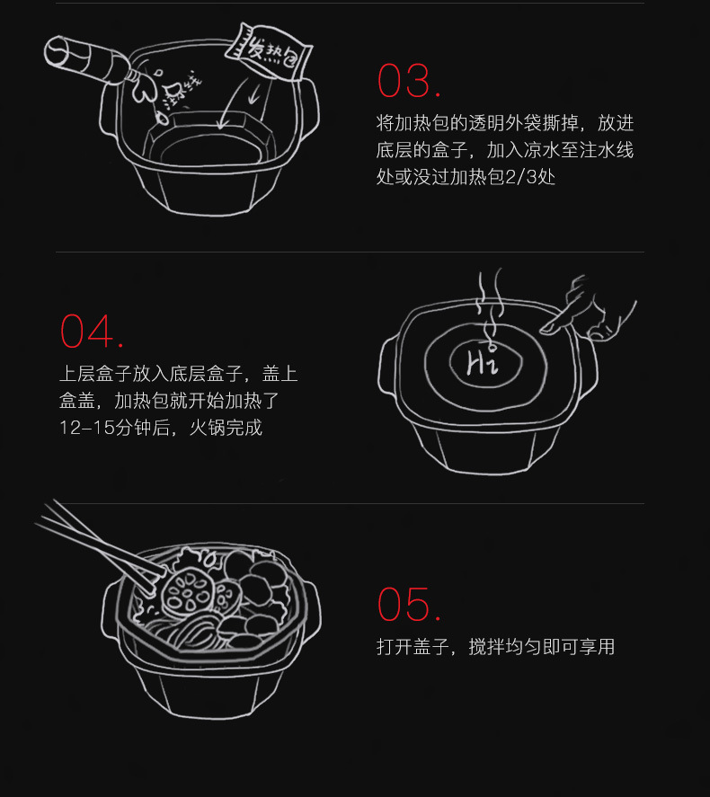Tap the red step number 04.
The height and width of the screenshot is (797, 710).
click(92, 332)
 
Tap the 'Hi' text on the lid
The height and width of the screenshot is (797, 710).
click(482, 362)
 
